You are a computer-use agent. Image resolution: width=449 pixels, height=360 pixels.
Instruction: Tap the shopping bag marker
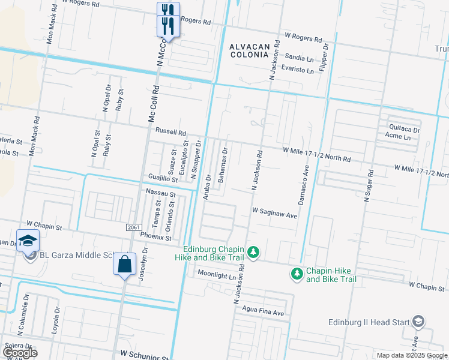[124, 265]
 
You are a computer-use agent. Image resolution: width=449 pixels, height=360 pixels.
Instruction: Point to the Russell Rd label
[171, 131]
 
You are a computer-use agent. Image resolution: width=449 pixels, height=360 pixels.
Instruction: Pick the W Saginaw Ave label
[274, 212]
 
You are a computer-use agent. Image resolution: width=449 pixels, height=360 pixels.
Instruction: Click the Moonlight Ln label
[216, 276]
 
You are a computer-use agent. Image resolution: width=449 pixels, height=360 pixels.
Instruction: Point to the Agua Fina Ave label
[263, 313]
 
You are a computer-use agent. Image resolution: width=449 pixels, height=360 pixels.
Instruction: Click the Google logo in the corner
[19, 352]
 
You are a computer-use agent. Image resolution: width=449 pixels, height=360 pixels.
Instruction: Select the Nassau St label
[160, 193]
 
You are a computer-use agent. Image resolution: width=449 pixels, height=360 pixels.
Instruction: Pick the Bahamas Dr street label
[223, 165]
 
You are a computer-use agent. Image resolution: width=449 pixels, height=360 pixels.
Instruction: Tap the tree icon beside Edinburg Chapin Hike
[253, 253]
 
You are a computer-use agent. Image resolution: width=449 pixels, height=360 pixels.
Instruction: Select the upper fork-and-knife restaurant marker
[168, 10]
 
